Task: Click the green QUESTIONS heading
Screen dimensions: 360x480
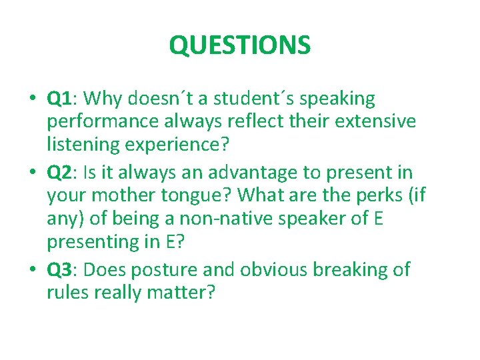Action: [239, 45]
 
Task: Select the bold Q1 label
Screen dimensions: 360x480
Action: [59, 99]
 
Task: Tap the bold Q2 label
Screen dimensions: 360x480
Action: [59, 172]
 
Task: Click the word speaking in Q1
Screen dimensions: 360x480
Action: [339, 99]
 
